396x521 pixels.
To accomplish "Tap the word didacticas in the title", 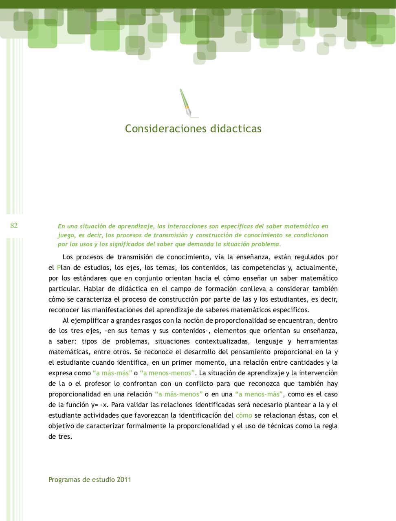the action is point(236,129).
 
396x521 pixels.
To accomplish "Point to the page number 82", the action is point(14,226).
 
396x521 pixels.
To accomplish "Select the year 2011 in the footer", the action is point(124,479).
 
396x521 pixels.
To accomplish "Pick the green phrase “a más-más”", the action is point(112,373).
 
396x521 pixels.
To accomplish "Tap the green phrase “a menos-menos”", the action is point(167,373).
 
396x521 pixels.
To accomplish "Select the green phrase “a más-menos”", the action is point(179,394).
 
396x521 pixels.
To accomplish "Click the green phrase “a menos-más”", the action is point(259,394).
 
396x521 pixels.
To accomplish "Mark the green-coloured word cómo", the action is point(244,416).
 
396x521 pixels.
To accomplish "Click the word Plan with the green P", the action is point(63,268).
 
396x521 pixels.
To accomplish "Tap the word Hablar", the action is point(94,289).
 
